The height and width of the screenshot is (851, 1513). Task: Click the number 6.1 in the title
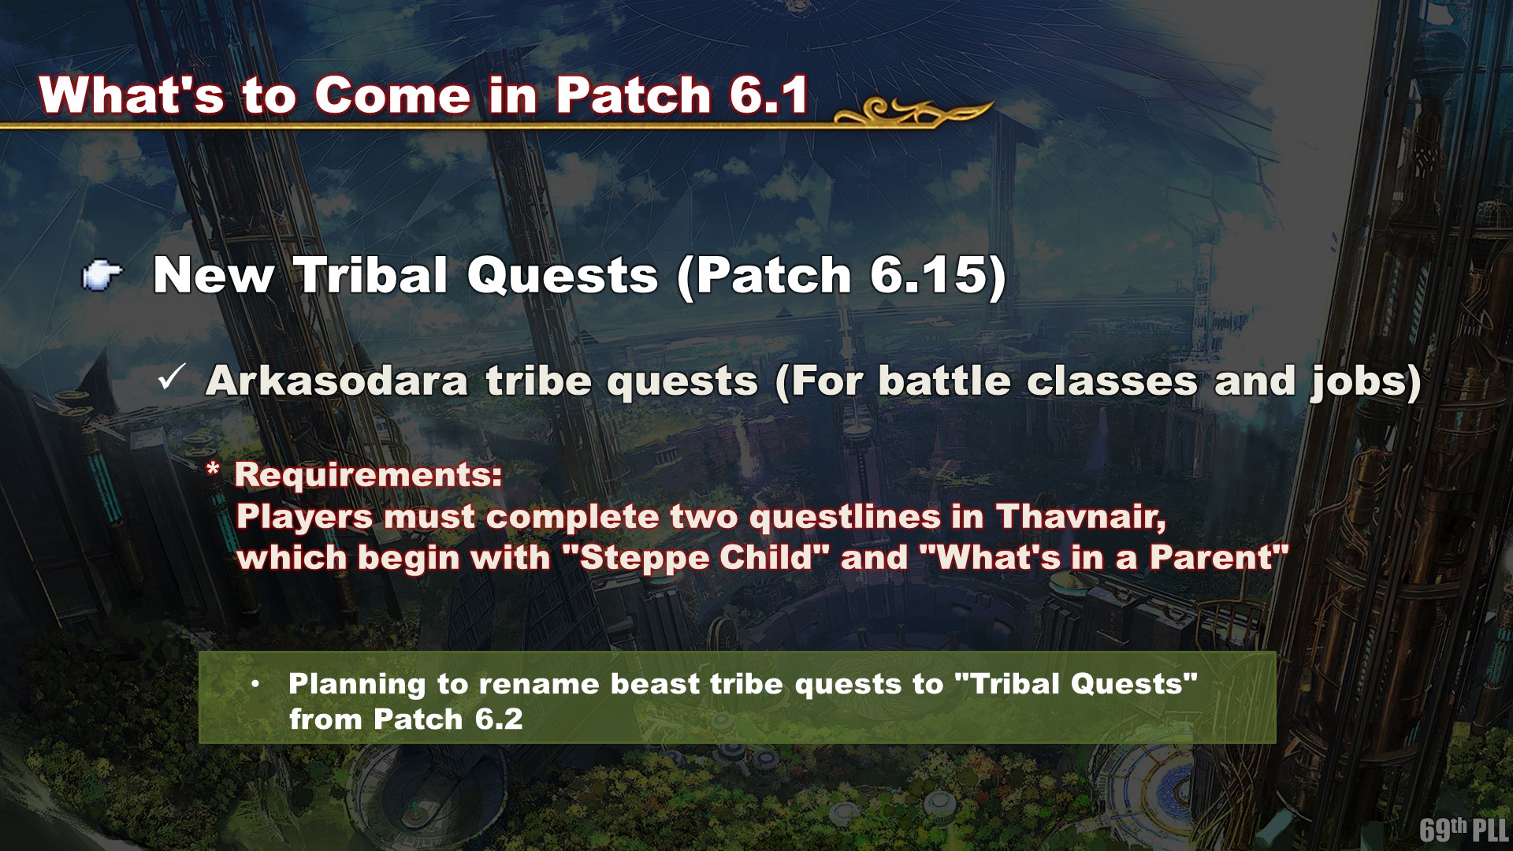click(x=769, y=95)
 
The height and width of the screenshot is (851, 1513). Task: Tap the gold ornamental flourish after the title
click(x=913, y=113)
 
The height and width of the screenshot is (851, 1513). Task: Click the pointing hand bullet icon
click(x=102, y=276)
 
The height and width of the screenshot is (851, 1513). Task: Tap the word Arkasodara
click(x=337, y=381)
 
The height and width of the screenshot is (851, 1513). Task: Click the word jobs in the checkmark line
click(x=1359, y=383)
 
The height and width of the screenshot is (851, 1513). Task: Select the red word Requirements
click(x=368, y=474)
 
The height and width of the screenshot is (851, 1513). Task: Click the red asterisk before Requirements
click(x=213, y=470)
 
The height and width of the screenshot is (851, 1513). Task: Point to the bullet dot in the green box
click(x=255, y=684)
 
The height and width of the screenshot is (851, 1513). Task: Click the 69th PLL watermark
click(x=1463, y=829)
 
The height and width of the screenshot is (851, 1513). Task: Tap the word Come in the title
click(x=392, y=95)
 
